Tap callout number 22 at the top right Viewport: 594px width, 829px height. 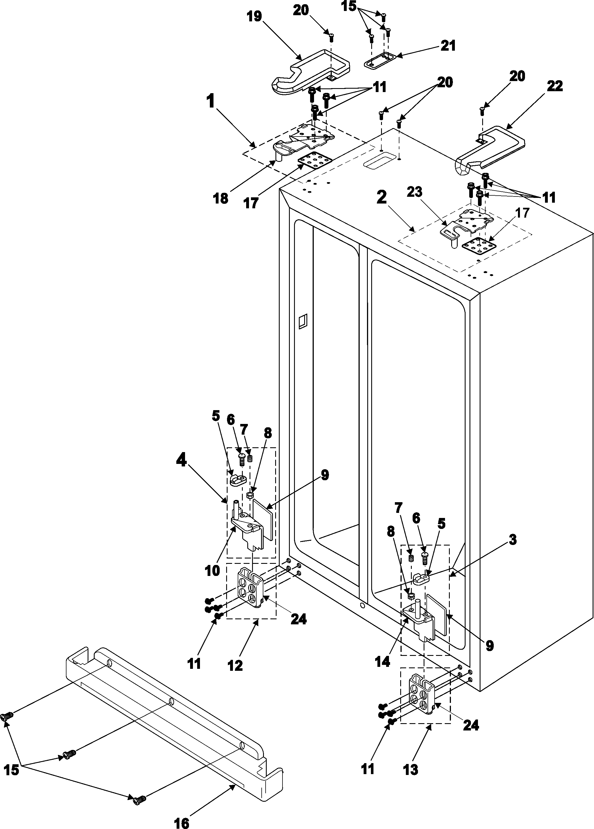tap(555, 86)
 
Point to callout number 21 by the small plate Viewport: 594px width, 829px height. tap(448, 46)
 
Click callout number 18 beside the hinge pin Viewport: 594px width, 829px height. tap(221, 198)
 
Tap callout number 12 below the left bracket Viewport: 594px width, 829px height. tap(235, 665)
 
